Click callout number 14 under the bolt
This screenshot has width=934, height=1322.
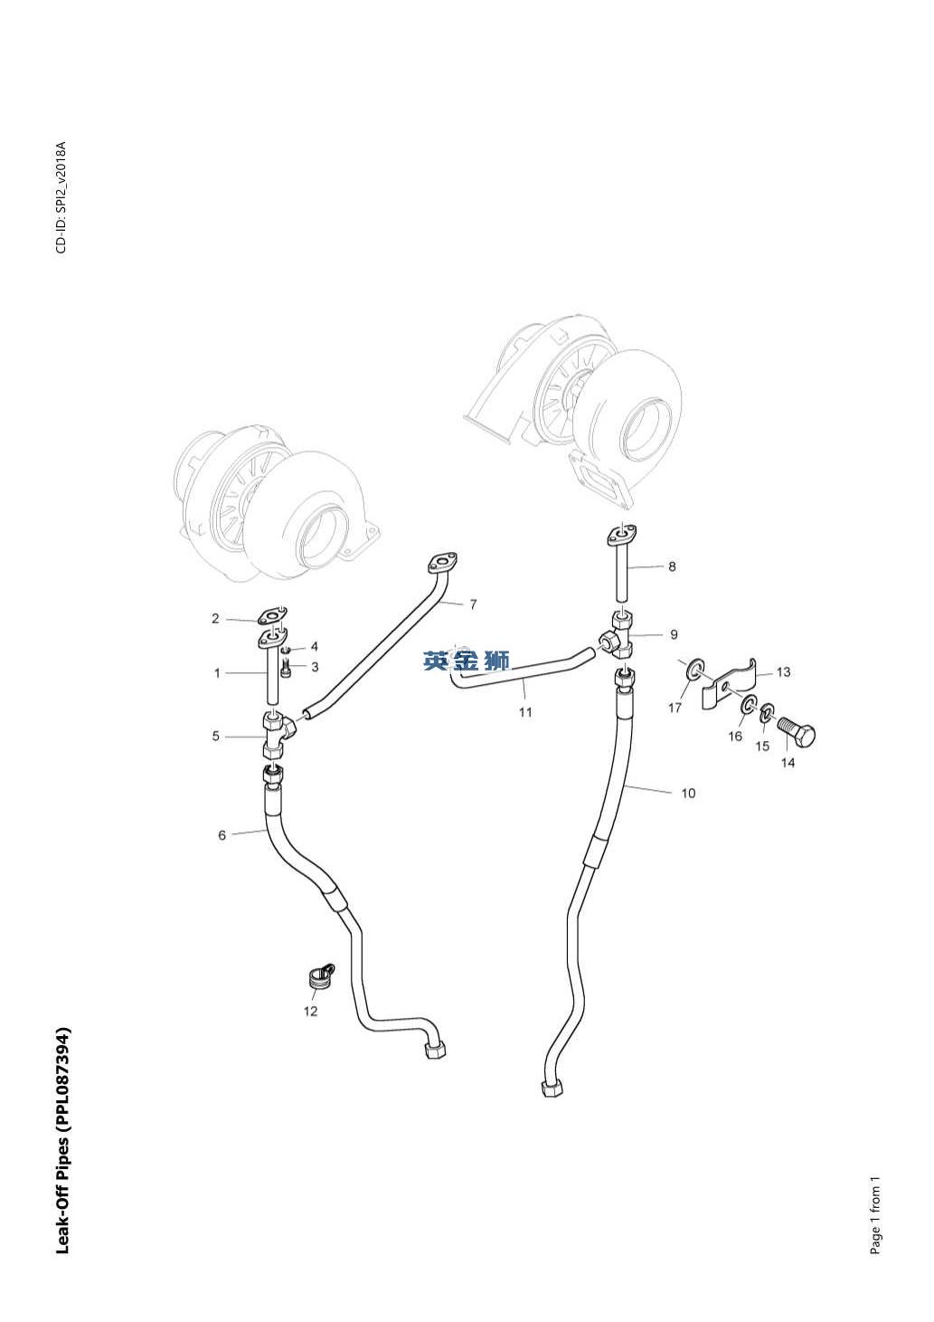pyautogui.click(x=788, y=763)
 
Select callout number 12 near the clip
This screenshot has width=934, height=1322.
pyautogui.click(x=310, y=1011)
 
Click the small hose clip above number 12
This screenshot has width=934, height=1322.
pyautogui.click(x=317, y=978)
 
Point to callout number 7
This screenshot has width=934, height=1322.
pyautogui.click(x=473, y=604)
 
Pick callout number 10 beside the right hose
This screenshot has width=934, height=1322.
pyautogui.click(x=688, y=794)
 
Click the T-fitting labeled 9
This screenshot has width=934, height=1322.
pyautogui.click(x=620, y=635)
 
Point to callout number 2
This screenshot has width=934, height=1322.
pyautogui.click(x=215, y=619)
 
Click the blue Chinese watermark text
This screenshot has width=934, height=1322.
pyautogui.click(x=467, y=661)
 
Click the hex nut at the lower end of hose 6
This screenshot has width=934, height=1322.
pyautogui.click(x=434, y=1050)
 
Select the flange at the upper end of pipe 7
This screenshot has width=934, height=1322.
pyautogui.click(x=440, y=565)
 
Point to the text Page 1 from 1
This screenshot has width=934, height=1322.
pyautogui.click(x=875, y=1215)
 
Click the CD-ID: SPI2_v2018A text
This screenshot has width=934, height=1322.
pyautogui.click(x=61, y=197)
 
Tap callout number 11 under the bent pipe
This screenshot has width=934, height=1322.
pyautogui.click(x=525, y=712)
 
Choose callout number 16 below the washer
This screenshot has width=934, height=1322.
pyautogui.click(x=735, y=737)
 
